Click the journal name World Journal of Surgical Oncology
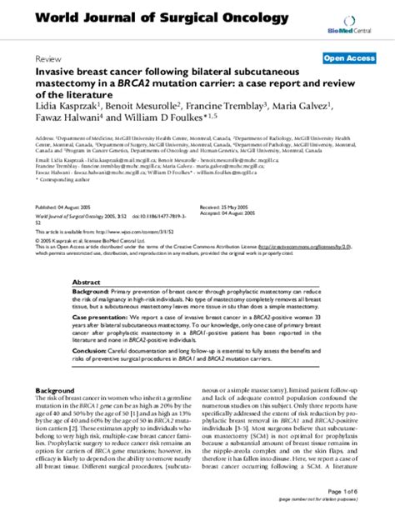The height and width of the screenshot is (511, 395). (151, 18)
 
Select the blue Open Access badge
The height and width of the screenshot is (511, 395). (347, 59)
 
